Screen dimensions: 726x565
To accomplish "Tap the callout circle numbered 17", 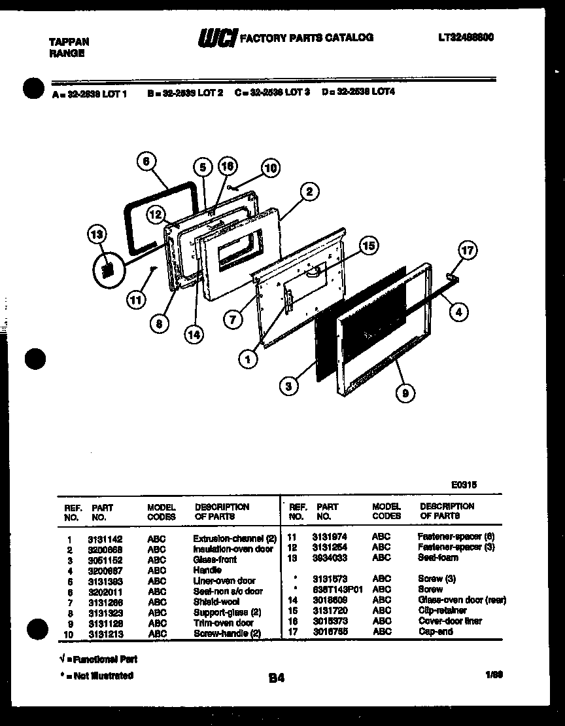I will coord(467,250).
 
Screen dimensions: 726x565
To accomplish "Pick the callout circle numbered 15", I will coord(369,245).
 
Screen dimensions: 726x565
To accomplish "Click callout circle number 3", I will coord(288,386).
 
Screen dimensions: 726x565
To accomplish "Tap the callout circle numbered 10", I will coord(270,168).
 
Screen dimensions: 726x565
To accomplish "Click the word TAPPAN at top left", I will coord(69,41).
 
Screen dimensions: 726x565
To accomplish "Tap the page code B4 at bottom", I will coord(276,679).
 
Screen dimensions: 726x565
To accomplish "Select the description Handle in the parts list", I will coord(207,570).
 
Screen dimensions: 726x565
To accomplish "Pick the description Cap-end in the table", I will coord(435,632).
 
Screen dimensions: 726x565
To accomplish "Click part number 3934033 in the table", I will coord(330,558).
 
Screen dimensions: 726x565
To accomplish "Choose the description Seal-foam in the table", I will coord(437,558).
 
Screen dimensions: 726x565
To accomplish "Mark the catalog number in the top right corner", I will coord(466,38).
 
